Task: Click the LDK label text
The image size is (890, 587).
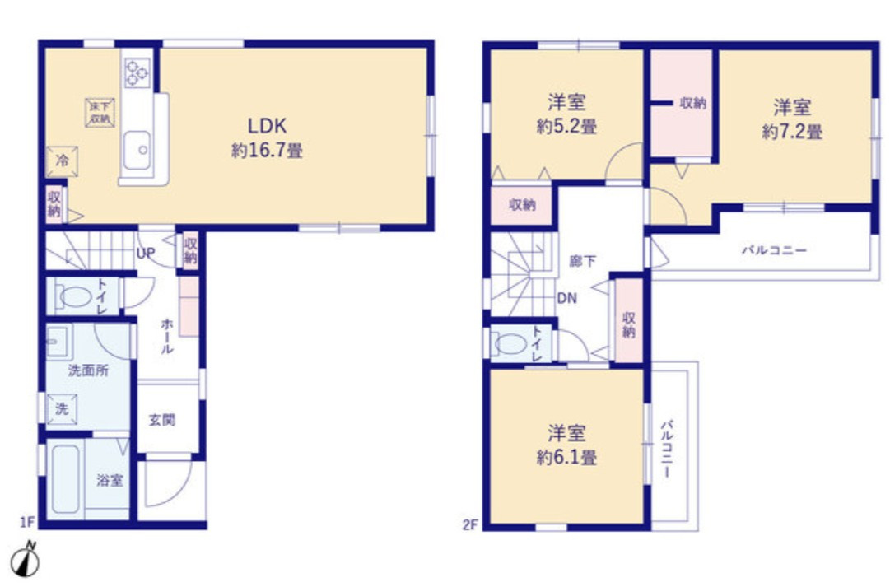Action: click(x=267, y=125)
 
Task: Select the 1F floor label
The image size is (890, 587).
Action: click(x=27, y=521)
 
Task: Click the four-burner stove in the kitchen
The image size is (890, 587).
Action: click(x=137, y=72)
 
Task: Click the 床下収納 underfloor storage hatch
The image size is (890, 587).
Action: click(x=100, y=113)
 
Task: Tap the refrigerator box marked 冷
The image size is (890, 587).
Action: click(x=62, y=161)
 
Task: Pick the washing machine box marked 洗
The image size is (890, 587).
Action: click(x=62, y=408)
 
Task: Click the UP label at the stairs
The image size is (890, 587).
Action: click(x=145, y=254)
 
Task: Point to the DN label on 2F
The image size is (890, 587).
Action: click(x=566, y=298)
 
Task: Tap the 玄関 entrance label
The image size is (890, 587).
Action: click(x=162, y=420)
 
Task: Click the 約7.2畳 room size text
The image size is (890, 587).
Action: click(x=792, y=133)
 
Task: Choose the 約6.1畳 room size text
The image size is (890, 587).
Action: click(x=566, y=457)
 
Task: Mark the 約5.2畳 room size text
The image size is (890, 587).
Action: click(x=566, y=127)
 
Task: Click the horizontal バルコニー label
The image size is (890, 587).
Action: click(x=774, y=249)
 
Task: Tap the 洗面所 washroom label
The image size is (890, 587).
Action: click(x=88, y=370)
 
